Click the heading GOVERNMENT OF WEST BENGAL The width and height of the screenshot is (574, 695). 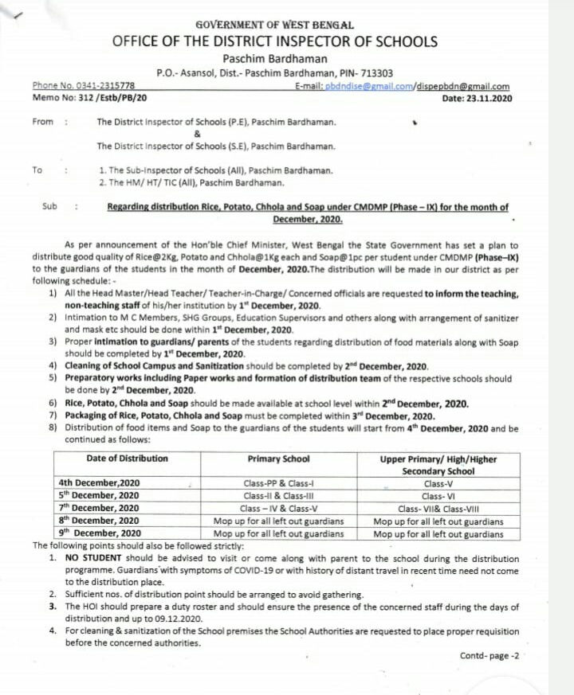pyautogui.click(x=275, y=25)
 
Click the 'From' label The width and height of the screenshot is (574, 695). pyautogui.click(x=43, y=122)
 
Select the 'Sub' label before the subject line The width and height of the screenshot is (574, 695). pyautogui.click(x=49, y=206)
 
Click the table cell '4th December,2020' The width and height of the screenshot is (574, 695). pyautogui.click(x=99, y=483)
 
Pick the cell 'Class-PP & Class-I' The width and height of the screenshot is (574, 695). pyautogui.click(x=278, y=483)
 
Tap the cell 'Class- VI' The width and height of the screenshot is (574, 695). pyautogui.click(x=438, y=495)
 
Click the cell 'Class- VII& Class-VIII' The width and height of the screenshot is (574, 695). pyautogui.click(x=438, y=508)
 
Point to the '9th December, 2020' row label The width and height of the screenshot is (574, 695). pyautogui.click(x=99, y=533)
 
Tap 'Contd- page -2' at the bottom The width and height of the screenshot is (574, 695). pyautogui.click(x=489, y=655)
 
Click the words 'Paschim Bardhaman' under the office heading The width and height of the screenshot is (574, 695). pyautogui.click(x=275, y=58)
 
